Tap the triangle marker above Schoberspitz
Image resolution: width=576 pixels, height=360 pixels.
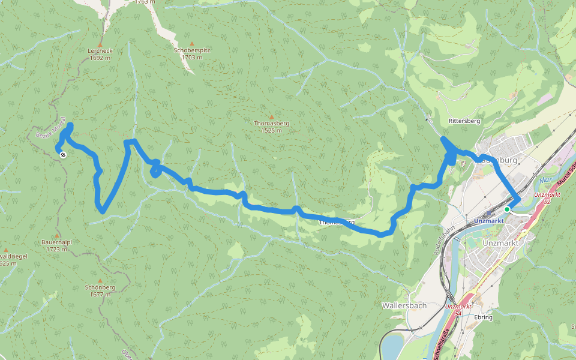[x=192, y=43]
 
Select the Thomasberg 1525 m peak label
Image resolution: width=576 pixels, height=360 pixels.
[x=271, y=127]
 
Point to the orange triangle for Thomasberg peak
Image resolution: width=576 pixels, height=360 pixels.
[x=271, y=116]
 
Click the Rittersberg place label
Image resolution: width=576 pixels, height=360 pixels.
[x=464, y=121]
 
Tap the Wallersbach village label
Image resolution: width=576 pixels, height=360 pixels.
[x=404, y=305]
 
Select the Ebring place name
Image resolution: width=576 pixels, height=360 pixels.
[x=483, y=317]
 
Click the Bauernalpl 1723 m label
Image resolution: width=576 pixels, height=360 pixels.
[x=57, y=245]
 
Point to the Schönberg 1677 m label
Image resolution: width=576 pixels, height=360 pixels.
[x=100, y=290]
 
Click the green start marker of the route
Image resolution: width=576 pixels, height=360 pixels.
[x=507, y=209]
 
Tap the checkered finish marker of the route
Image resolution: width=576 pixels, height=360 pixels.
[x=63, y=154]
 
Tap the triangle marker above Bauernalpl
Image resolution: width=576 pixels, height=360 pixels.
[x=57, y=235]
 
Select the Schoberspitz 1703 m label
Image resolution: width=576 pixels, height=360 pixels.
[x=192, y=53]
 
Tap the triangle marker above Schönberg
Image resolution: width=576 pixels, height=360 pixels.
[x=100, y=280]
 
